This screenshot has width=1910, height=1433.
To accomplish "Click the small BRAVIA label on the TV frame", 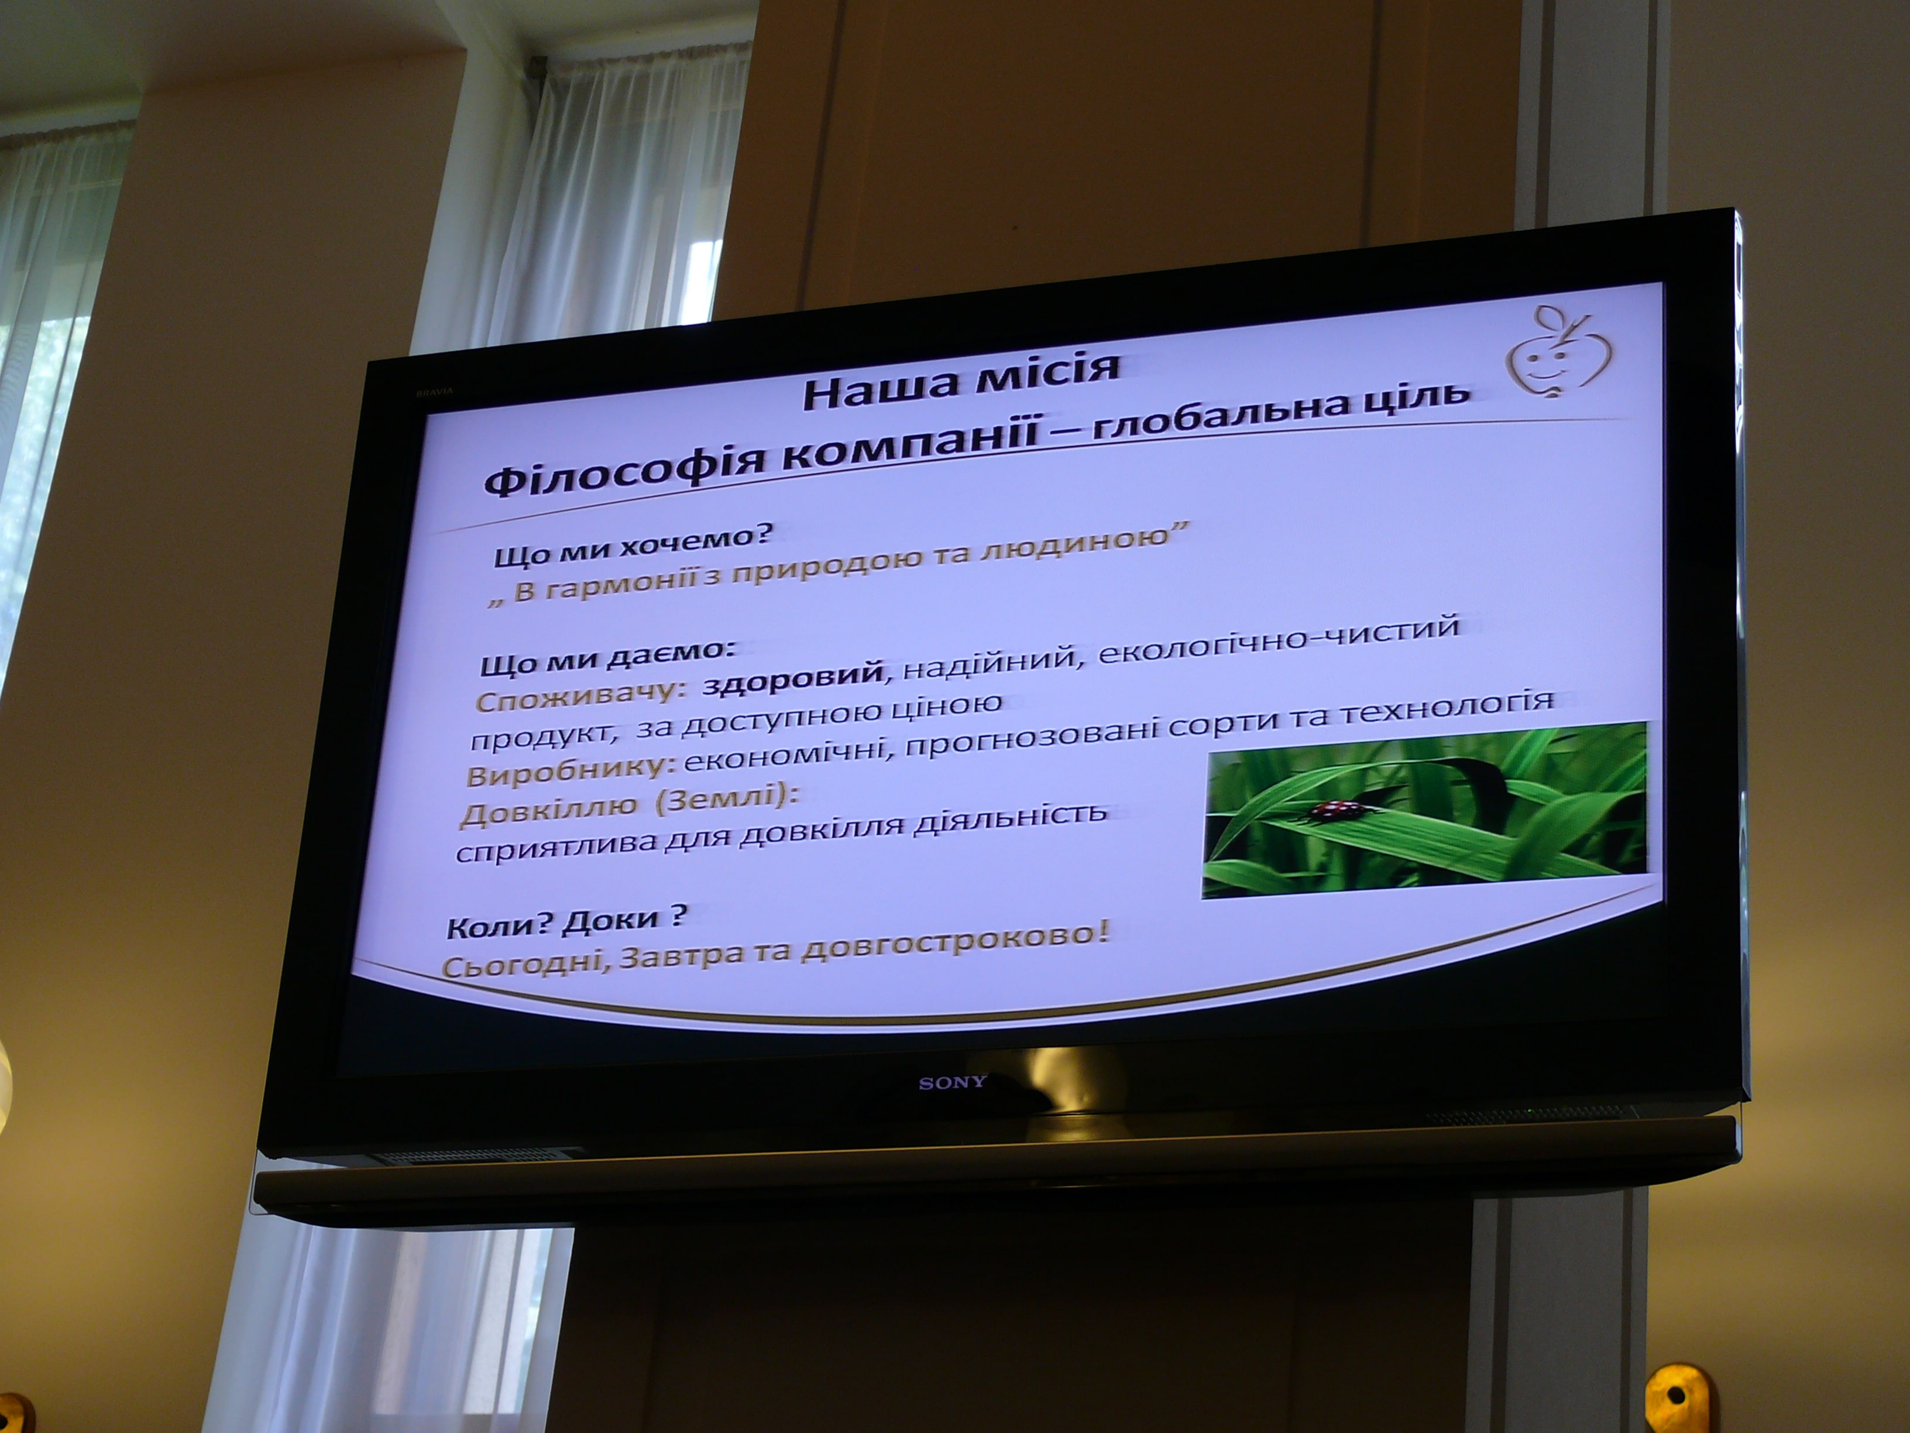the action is tap(434, 391).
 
